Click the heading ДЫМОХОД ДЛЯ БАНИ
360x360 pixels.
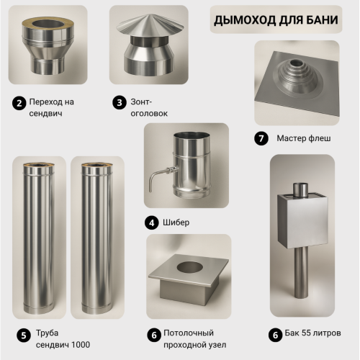[x=276, y=19]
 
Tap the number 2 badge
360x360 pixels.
[x=19, y=103]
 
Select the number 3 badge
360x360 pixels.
[x=120, y=103]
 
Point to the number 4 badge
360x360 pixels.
[x=151, y=223]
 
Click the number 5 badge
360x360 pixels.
[x=24, y=335]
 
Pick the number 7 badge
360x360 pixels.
[x=261, y=138]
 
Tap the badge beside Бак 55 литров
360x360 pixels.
[x=275, y=335]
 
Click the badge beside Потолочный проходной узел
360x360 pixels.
[x=154, y=335]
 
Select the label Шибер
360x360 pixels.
[x=176, y=222]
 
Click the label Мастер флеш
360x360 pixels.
[x=304, y=138]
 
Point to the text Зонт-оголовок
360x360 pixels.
[x=149, y=107]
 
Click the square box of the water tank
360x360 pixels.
[x=302, y=222]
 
